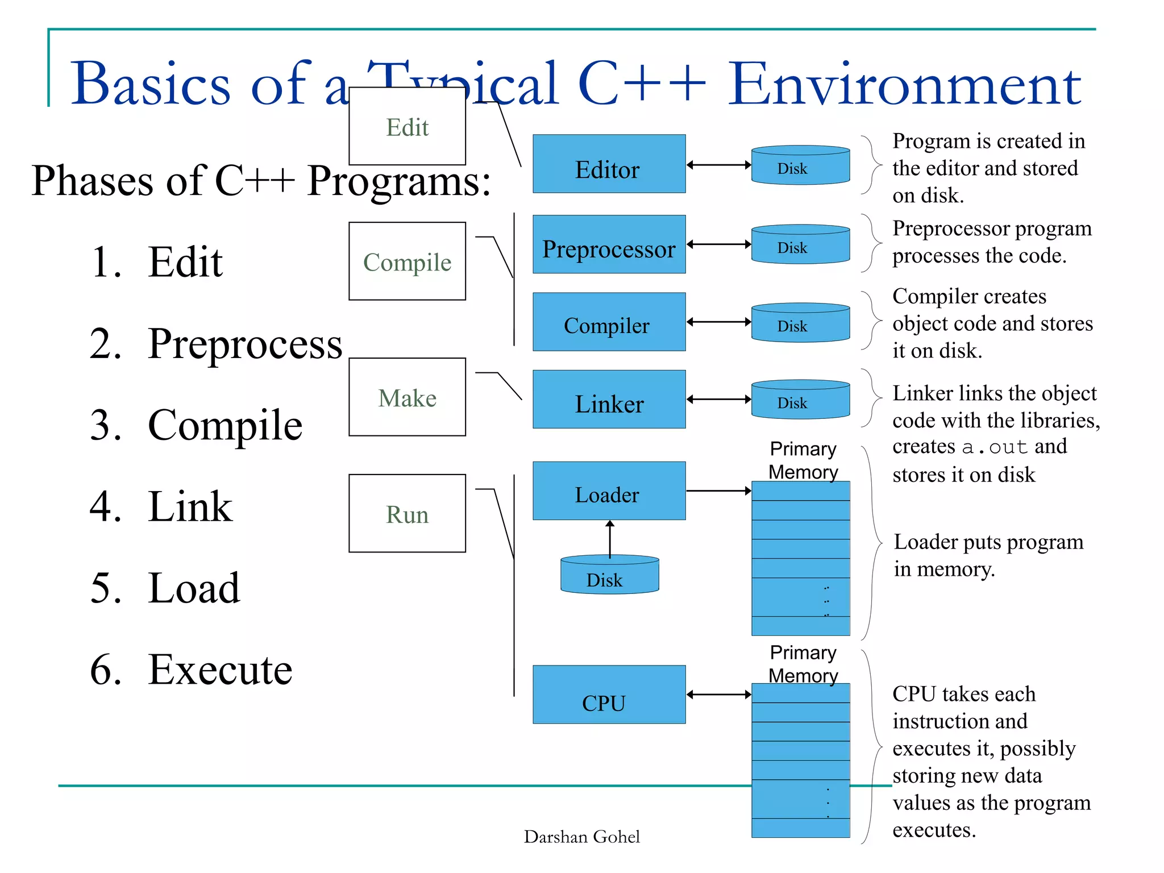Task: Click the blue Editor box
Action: tap(609, 164)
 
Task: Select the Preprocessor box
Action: tap(609, 244)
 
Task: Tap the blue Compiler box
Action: tap(609, 322)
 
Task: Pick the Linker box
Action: tap(609, 399)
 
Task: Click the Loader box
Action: tap(609, 490)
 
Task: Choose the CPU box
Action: tap(609, 694)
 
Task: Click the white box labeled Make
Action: tap(407, 397)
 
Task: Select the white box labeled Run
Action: tap(407, 513)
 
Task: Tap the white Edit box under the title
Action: tap(407, 126)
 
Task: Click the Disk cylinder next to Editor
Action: tap(800, 166)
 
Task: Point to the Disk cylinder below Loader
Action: tap(609, 575)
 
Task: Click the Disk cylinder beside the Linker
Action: tap(800, 400)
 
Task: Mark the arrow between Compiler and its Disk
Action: tap(718, 322)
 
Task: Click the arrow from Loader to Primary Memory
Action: tap(718, 490)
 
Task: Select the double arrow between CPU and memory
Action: tap(718, 694)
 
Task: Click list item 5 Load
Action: tap(193, 588)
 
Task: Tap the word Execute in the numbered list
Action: tap(220, 670)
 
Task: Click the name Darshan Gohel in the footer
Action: tap(581, 837)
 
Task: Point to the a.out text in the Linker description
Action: tap(994, 447)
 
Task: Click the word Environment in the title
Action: tap(904, 84)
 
